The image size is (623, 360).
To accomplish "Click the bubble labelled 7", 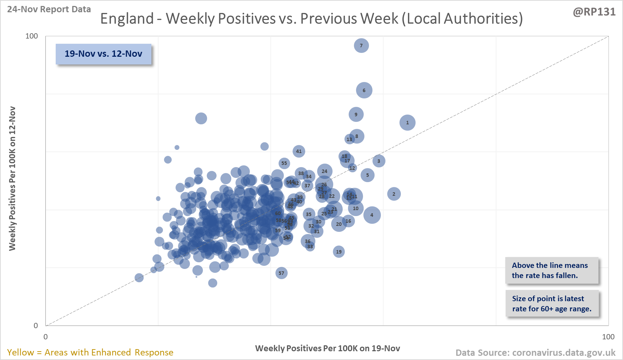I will (x=361, y=46).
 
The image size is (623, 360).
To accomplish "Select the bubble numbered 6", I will (x=364, y=90).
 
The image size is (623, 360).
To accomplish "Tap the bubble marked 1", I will (x=407, y=123).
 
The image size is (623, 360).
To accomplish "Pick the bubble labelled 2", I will (x=394, y=194).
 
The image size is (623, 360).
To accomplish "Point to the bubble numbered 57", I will (x=281, y=273).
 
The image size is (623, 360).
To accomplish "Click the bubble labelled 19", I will (x=339, y=251).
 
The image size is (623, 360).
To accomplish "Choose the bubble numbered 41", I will (x=299, y=151).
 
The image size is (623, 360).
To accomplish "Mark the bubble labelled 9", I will (x=356, y=115).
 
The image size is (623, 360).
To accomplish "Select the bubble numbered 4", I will (x=372, y=215).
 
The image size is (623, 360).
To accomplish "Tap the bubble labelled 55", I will (x=284, y=163).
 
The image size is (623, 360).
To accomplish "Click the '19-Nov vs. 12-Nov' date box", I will (x=103, y=54).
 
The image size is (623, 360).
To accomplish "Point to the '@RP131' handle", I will (x=594, y=12).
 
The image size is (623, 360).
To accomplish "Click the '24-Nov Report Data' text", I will (x=49, y=9).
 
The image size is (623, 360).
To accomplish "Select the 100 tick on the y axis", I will (x=32, y=36).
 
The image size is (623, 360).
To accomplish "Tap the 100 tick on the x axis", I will (x=608, y=337).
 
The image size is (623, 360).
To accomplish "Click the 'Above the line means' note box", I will (x=552, y=270).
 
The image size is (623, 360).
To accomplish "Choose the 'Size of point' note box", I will (x=552, y=304).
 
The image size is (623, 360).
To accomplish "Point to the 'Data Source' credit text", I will (x=535, y=352).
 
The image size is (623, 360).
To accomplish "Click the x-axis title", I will (x=327, y=348).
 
